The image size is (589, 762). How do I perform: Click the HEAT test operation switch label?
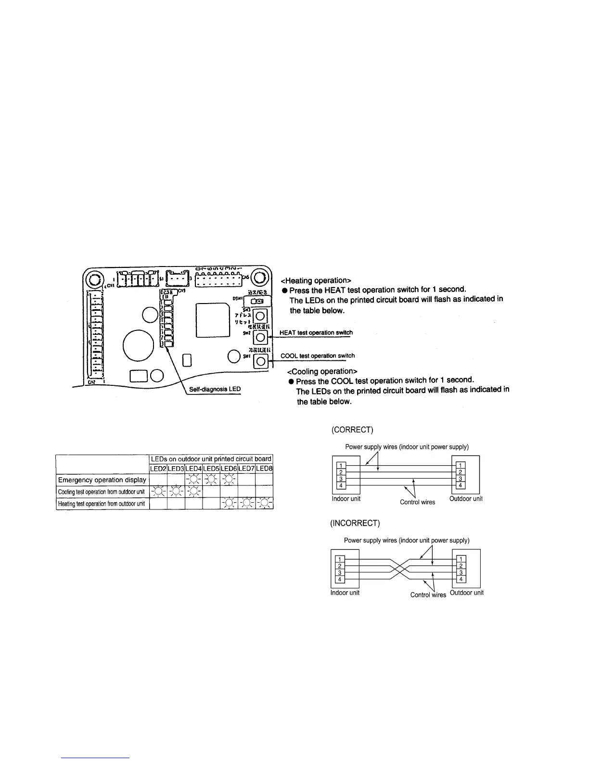coord(316,332)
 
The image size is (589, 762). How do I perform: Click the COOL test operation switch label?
coord(318,356)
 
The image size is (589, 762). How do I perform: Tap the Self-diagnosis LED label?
coord(215,389)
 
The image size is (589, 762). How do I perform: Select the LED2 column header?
coord(158,468)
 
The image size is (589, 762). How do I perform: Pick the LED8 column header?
coord(264,468)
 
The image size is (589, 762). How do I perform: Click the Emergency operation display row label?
coord(102,480)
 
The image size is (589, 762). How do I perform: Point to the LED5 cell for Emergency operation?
coord(211,480)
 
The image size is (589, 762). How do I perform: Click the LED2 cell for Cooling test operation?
coord(158,492)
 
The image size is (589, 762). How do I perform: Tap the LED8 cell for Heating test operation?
coord(264,504)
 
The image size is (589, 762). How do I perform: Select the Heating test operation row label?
coord(101,504)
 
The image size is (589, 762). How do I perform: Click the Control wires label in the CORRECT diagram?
coord(417,502)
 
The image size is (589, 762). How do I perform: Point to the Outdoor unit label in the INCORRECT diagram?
coord(466,593)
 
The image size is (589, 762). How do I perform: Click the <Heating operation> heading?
coord(315,280)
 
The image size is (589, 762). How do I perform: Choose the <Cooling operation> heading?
coord(322,371)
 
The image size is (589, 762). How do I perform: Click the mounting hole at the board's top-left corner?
coord(94,279)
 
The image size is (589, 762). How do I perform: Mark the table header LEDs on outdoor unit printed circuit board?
coord(211,458)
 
